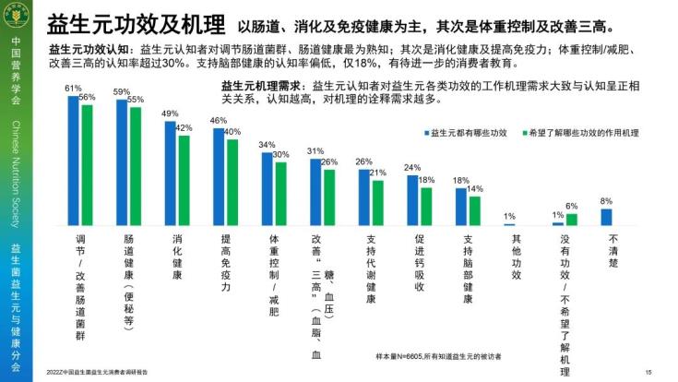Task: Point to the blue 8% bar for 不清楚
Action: (606, 216)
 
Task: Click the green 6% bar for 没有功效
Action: (571, 219)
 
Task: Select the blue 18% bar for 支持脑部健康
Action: (460, 206)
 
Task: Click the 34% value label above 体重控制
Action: (267, 145)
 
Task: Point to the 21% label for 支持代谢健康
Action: (377, 173)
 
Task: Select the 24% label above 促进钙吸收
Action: (412, 168)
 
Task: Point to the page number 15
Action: (649, 373)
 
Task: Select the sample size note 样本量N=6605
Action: (443, 356)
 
